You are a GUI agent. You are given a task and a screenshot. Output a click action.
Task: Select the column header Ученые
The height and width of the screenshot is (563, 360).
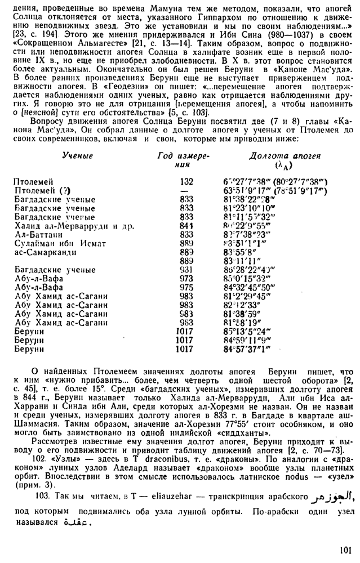coord(77,155)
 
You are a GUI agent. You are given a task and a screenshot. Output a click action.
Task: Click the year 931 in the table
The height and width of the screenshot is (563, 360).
coord(186,270)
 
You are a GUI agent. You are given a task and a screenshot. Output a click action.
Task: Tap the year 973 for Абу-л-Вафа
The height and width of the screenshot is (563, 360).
coord(186,278)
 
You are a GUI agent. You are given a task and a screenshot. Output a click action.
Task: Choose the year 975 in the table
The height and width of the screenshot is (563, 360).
coord(186,287)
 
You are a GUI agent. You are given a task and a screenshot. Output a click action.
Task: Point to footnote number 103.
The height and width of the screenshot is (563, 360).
coord(42,497)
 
